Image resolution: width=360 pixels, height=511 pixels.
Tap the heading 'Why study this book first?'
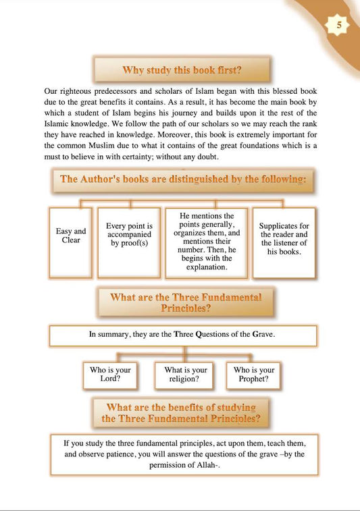pos(181,70)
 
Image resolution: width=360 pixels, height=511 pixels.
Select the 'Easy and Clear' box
pos(71,236)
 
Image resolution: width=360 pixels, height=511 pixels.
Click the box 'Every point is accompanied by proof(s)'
pos(130,234)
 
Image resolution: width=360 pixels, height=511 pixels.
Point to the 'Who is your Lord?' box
pos(110,375)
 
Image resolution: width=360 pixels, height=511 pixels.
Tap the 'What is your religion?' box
pos(186,375)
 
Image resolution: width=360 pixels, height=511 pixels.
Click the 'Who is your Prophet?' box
pos(254,375)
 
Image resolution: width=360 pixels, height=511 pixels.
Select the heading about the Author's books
pos(183,180)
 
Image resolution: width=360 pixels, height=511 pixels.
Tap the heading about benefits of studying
pos(180,412)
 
